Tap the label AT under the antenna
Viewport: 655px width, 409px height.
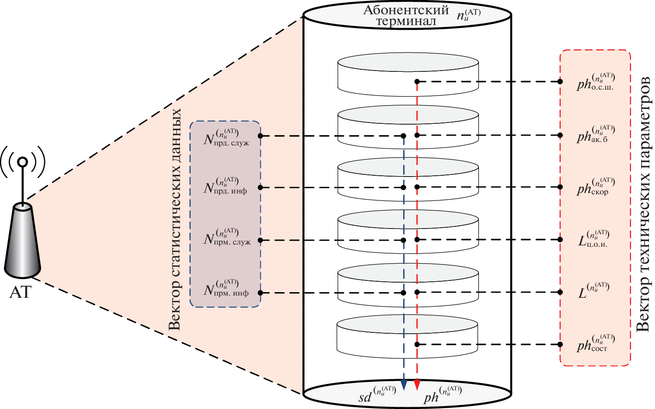tap(20, 293)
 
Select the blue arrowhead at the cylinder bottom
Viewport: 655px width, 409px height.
tap(404, 384)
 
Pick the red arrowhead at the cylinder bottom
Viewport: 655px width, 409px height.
tap(417, 384)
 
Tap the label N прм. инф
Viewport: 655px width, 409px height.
tap(226, 290)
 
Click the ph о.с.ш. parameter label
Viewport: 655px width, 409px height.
tap(596, 82)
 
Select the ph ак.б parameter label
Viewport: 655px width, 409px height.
tap(595, 135)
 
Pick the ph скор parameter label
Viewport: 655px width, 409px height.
tap(595, 187)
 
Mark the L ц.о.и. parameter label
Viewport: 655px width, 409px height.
tap(594, 239)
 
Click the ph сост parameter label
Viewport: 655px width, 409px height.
tap(595, 344)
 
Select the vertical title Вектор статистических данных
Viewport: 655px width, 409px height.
tap(174, 219)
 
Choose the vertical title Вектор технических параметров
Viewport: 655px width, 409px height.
tap(643, 205)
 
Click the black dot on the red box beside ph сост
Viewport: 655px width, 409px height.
tap(560, 345)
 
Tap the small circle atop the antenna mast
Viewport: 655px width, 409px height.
tap(22, 162)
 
